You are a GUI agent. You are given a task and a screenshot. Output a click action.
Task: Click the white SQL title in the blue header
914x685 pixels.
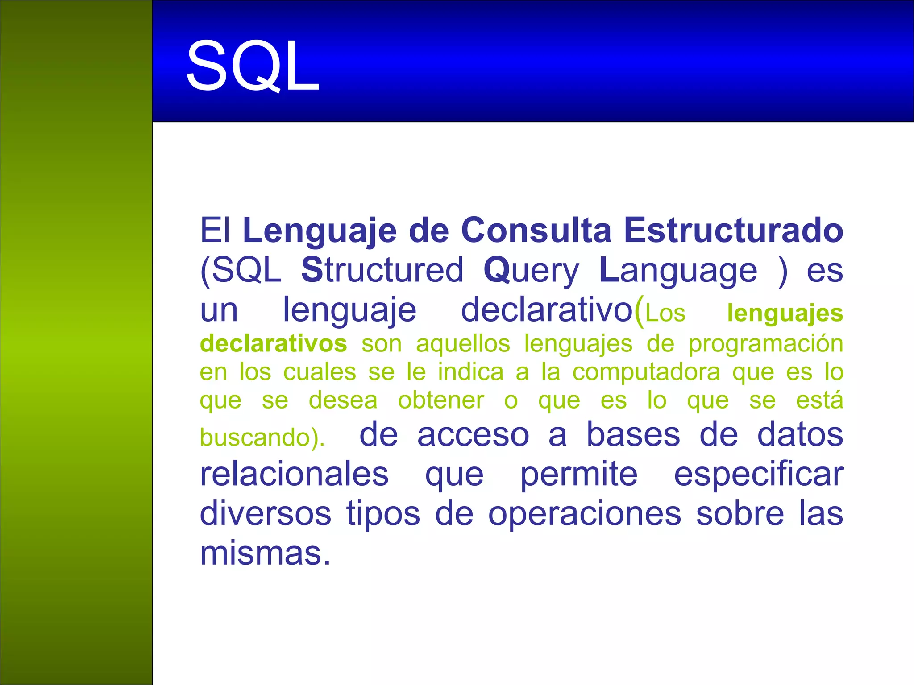coord(253,66)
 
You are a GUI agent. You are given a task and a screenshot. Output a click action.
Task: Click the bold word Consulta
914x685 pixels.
coord(536,231)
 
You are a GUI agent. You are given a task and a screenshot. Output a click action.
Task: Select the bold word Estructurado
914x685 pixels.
coord(733,231)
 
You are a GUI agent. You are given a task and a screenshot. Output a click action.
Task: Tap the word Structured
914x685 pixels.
coord(382,270)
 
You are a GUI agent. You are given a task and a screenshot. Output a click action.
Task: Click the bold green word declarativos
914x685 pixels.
coord(273,344)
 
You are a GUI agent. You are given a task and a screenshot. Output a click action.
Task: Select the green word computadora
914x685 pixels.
coord(646,372)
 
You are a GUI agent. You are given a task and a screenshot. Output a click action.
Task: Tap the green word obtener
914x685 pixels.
coord(441,400)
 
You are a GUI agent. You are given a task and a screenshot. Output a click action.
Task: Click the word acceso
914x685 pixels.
coord(473,435)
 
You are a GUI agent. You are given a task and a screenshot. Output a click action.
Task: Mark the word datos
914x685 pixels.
coord(800,435)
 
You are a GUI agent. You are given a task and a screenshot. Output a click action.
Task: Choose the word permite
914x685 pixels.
coord(579,475)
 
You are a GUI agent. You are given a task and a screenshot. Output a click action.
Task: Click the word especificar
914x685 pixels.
coord(758,475)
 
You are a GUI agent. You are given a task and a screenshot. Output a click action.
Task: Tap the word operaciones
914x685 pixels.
coord(585,514)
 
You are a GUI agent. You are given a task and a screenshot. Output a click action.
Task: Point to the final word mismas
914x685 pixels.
coord(265,553)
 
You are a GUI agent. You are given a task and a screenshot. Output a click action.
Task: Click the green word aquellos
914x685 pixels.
coord(463,344)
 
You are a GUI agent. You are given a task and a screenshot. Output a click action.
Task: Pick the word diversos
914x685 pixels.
coord(265,514)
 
